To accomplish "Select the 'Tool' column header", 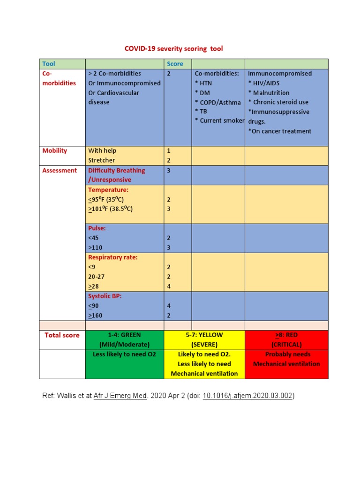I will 49,64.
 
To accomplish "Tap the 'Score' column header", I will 175,64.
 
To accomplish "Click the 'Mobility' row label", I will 55,150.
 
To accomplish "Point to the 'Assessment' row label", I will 60,170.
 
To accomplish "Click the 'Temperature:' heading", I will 108,190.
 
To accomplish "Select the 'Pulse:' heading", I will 97,228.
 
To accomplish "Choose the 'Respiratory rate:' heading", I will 113,257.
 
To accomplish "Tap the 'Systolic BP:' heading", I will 105,296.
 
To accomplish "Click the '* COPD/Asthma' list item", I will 218,102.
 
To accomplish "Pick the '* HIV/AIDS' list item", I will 264,83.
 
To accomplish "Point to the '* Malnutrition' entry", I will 269,93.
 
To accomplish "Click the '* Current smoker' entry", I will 219,121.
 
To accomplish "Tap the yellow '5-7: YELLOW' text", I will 204,335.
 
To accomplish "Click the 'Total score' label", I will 62,335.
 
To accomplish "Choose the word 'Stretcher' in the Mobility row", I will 102,160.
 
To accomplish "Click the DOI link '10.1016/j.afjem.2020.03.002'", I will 247,396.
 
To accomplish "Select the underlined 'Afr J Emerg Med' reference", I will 120,396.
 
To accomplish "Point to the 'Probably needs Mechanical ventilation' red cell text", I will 286,359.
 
